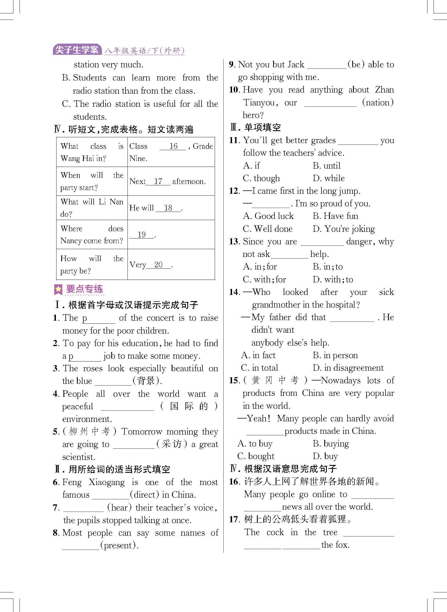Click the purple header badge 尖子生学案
tap(77, 50)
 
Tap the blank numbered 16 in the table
tap(173, 146)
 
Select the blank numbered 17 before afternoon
tap(158, 181)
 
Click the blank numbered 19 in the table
tap(142, 235)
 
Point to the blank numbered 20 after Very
tap(158, 265)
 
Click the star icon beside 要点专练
tap(58, 289)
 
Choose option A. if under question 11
tap(251, 166)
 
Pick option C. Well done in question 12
tap(268, 229)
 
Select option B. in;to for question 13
tap(327, 267)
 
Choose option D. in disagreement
tap(348, 368)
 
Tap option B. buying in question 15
tap(331, 444)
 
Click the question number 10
tap(234, 90)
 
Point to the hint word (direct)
tap(145, 495)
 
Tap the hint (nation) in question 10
tap(378, 102)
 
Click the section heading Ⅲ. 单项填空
tap(255, 127)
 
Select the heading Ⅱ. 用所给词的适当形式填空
tap(112, 469)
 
